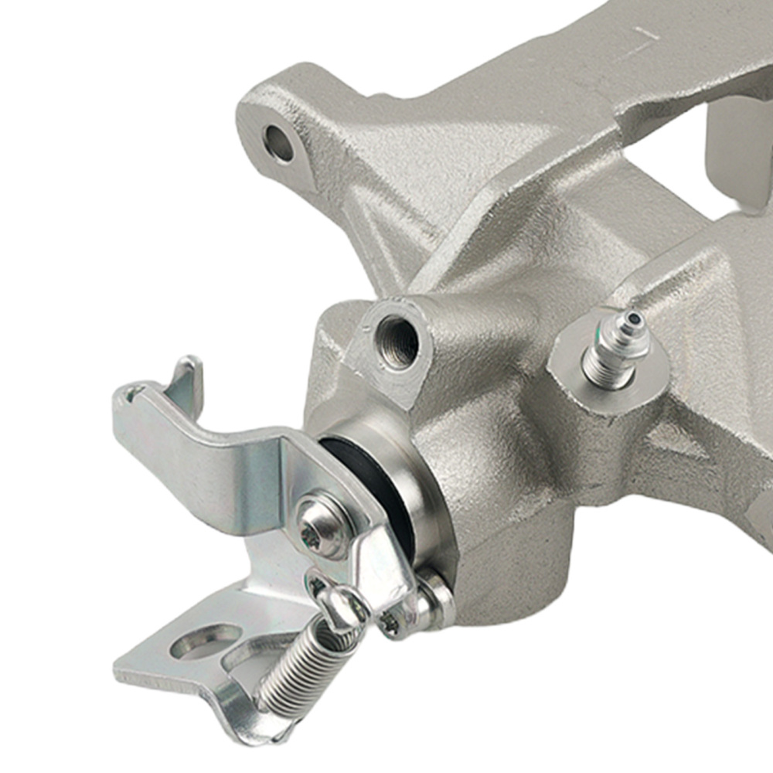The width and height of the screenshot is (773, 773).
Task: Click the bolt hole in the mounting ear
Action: [279, 143]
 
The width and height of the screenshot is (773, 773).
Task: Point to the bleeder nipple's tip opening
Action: [635, 318]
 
